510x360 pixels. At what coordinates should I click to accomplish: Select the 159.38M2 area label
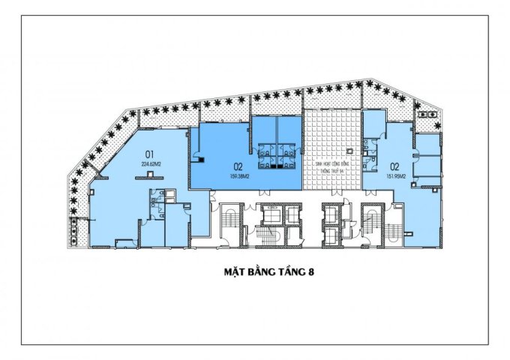244,177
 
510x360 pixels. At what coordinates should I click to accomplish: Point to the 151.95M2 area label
395,177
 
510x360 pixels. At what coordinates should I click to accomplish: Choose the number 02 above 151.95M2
392,166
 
